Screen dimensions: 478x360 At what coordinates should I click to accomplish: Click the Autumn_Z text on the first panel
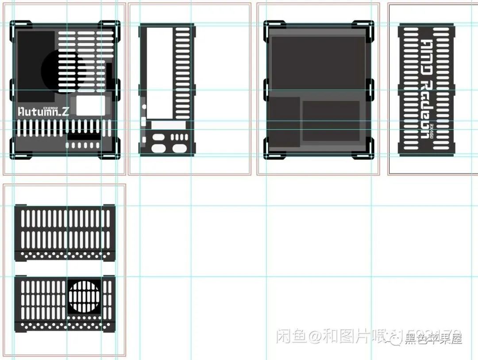tap(43, 112)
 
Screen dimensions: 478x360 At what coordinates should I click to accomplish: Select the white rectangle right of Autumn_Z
tap(91, 105)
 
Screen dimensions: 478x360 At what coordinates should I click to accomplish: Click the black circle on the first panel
tap(63, 70)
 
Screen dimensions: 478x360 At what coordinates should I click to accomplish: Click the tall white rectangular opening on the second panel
tap(159, 73)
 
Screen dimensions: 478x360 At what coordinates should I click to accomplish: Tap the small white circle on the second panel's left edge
tap(143, 106)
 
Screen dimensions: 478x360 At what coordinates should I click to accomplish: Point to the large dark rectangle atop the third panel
tap(318, 62)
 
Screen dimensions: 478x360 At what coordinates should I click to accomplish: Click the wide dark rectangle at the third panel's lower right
tap(331, 121)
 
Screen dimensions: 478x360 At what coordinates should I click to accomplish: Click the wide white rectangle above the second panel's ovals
tap(168, 125)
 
